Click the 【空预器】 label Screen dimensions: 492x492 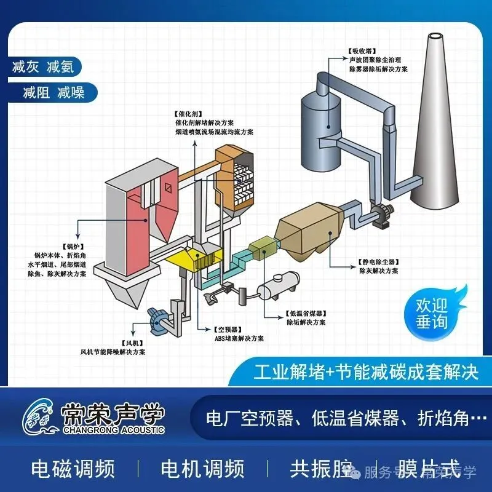[228, 329]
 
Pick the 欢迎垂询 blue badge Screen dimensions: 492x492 [432, 313]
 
